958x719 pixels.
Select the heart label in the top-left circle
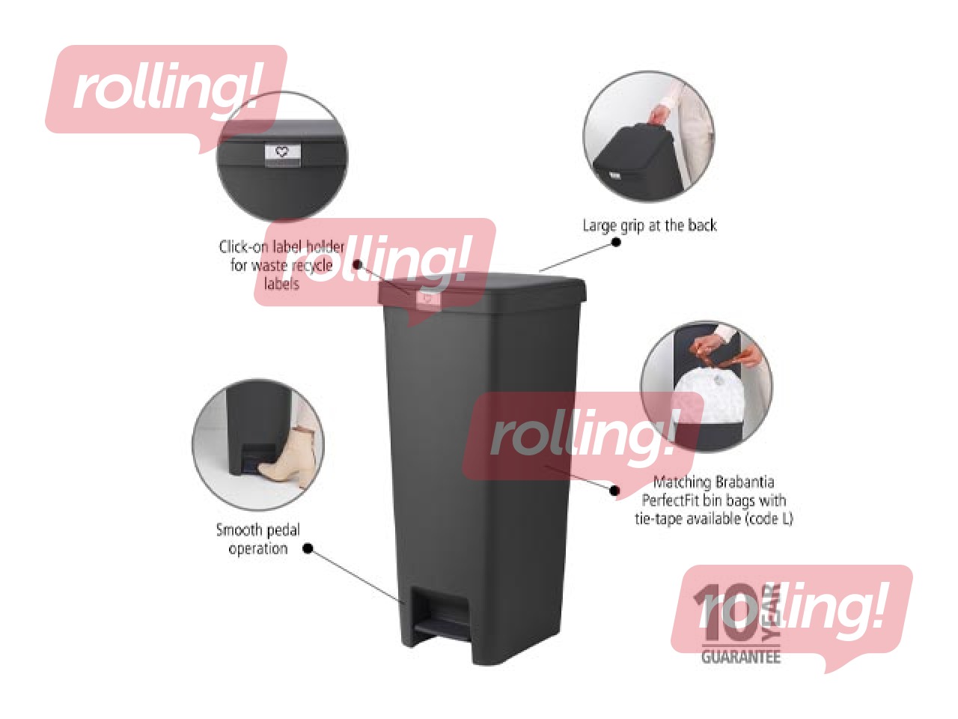pyautogui.click(x=282, y=154)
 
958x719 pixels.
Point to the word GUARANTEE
pyautogui.click(x=740, y=657)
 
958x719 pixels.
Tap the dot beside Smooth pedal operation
pyautogui.click(x=307, y=548)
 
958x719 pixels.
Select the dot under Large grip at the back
pyautogui.click(x=616, y=242)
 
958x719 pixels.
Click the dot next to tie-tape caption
pyautogui.click(x=614, y=491)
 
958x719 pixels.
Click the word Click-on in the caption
pyautogui.click(x=243, y=246)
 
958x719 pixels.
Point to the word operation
pyautogui.click(x=257, y=549)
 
